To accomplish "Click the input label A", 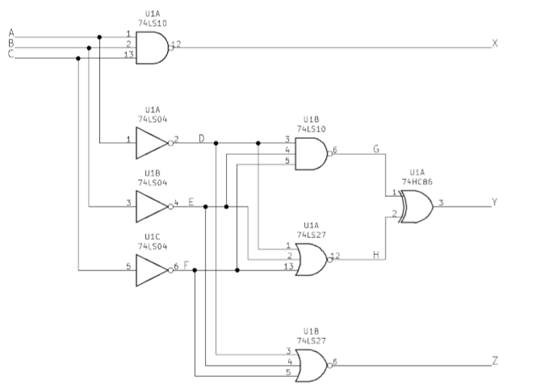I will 10,33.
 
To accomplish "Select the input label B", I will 10,44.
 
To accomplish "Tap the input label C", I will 10,54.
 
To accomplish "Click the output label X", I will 495,43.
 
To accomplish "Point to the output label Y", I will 495,203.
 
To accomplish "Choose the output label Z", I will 495,361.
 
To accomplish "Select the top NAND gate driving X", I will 151,48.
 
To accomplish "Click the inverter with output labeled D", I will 151,144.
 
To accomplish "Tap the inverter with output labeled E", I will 151,207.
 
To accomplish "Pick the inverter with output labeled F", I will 151,270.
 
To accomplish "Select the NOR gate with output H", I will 311,259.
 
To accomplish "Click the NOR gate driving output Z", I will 311,366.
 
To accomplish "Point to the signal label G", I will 375,149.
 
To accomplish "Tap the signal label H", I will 375,255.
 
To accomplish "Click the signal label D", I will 202,139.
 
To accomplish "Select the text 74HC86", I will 416,182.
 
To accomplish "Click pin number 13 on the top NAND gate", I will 128,55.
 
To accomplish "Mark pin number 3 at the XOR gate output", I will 441,203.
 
